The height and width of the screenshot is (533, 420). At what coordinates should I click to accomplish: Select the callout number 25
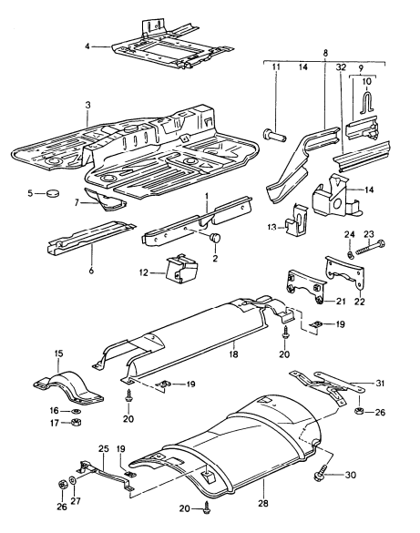103,449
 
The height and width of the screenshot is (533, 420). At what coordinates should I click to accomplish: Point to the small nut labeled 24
351,252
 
